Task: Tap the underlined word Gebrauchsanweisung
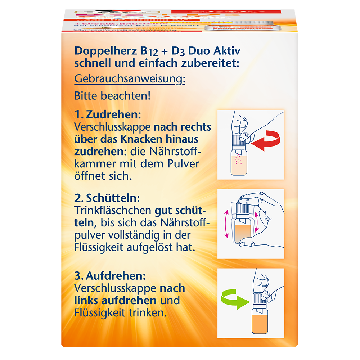pos(130,79)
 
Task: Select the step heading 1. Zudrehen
pos(107,115)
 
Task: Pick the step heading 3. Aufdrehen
pos(110,276)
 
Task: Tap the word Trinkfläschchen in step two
pos(113,210)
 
